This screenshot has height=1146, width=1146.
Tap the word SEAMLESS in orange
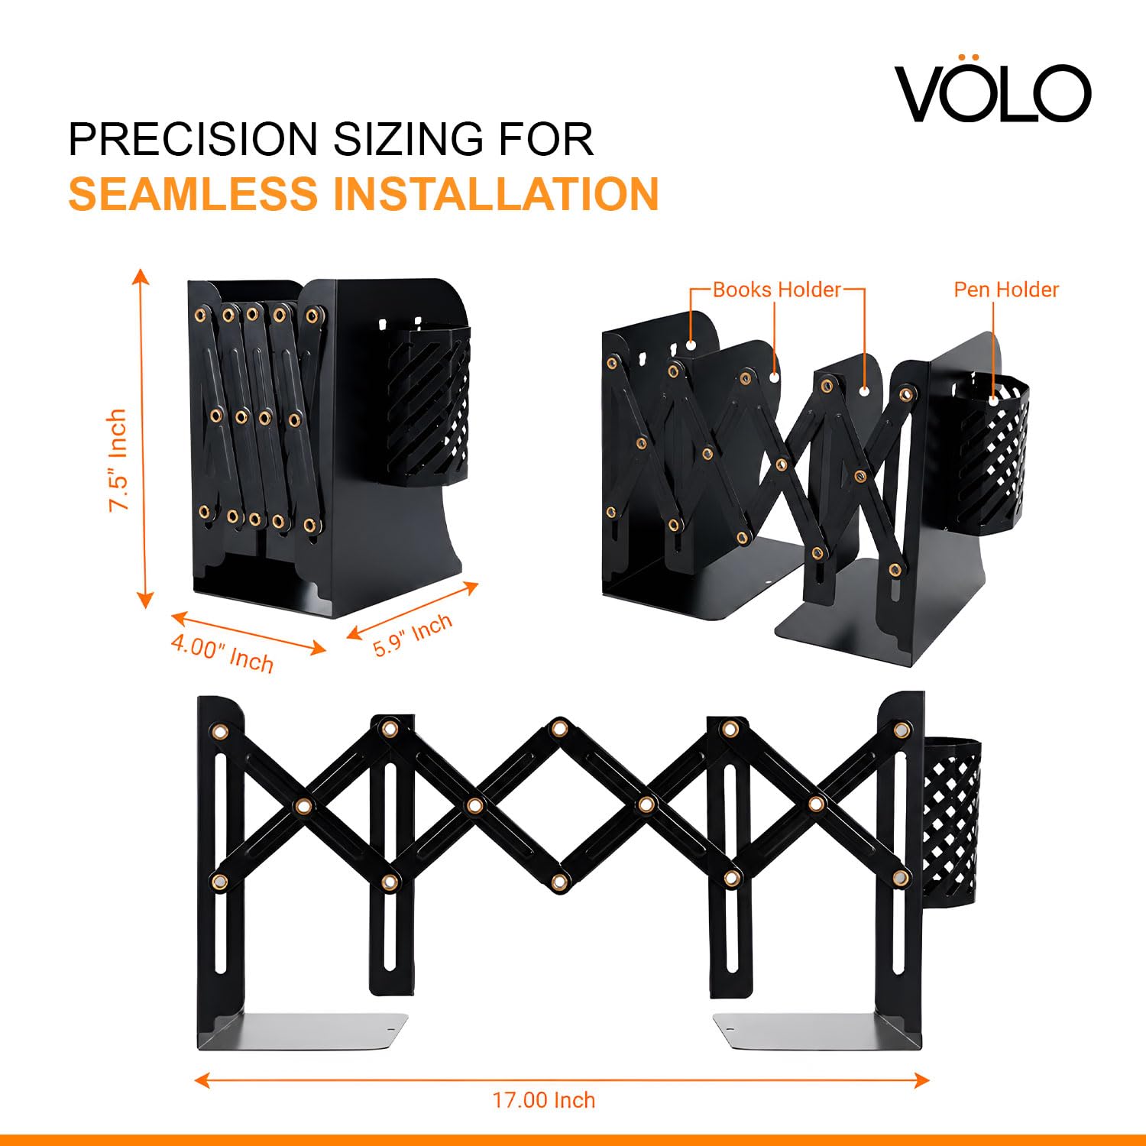193,193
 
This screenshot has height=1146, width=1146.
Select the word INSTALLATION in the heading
496,193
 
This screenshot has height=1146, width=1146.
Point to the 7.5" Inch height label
117,460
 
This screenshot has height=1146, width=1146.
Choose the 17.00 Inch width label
543,1100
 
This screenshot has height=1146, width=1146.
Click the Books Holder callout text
776,290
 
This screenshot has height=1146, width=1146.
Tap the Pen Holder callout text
1006,290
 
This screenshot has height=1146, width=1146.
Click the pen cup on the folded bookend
428,405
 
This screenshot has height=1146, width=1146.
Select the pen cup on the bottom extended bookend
952,817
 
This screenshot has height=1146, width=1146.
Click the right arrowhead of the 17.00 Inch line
922,1080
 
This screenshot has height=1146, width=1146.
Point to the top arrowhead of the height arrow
140,275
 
